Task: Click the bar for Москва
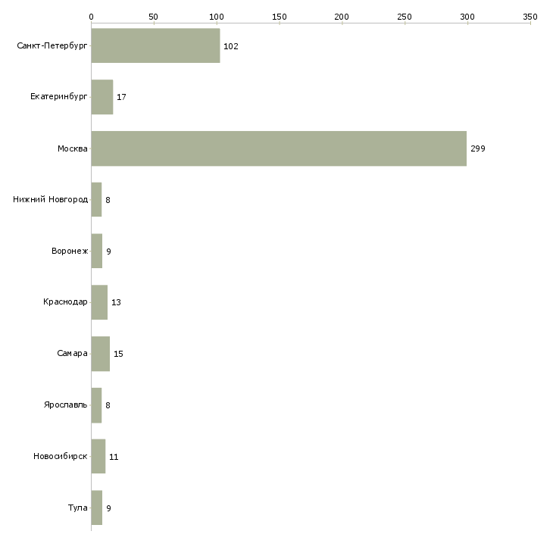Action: point(279,148)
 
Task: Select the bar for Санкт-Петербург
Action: point(155,46)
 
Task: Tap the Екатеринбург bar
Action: point(102,98)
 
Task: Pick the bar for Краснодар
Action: point(99,302)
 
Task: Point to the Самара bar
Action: point(100,354)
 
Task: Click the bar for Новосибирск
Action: point(98,456)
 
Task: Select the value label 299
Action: point(478,148)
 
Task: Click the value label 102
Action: point(231,46)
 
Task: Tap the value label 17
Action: point(121,98)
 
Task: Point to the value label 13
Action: point(116,302)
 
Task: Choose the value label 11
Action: point(114,457)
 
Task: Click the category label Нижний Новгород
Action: point(51,200)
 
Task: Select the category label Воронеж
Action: point(70,251)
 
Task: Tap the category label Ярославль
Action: point(66,405)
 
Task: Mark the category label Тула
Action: point(78,508)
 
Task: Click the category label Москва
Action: point(73,148)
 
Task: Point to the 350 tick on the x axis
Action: point(530,16)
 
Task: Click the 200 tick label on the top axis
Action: point(342,16)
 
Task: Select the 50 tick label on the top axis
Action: point(154,16)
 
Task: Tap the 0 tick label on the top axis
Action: point(91,16)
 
